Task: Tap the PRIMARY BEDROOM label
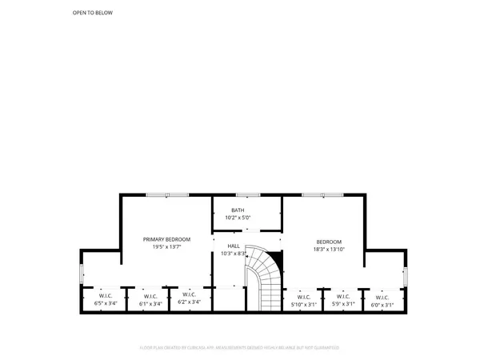pyautogui.click(x=166, y=239)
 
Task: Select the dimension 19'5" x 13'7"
pyautogui.click(x=166, y=247)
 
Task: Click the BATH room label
pyautogui.click(x=238, y=210)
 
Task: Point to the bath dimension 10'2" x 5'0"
pyautogui.click(x=238, y=218)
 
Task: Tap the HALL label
pyautogui.click(x=234, y=246)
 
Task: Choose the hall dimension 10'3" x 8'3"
pyautogui.click(x=234, y=254)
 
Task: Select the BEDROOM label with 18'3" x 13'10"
pyautogui.click(x=329, y=242)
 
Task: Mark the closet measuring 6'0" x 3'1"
pyautogui.click(x=382, y=301)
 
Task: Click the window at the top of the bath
pyautogui.click(x=246, y=194)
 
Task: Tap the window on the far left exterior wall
pyautogui.click(x=82, y=274)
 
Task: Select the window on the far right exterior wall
pyautogui.click(x=403, y=276)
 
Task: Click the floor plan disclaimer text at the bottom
pyautogui.click(x=239, y=347)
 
